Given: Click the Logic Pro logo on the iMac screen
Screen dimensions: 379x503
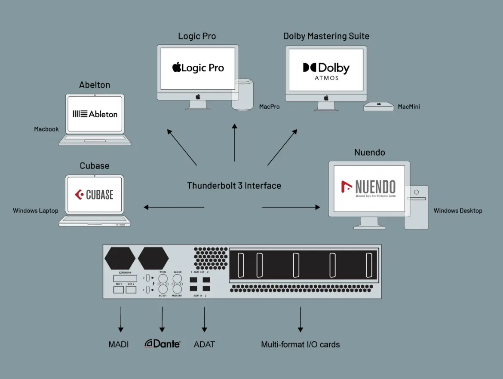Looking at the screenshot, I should coord(198,68).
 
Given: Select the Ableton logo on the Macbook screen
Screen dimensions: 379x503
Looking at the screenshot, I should coord(95,114).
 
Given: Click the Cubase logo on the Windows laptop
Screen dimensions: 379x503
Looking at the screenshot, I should coord(94,195).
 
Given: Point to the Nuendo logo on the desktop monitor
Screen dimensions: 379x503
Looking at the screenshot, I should coord(368,188).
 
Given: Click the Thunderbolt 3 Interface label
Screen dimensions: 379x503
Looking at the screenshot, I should coord(234,186).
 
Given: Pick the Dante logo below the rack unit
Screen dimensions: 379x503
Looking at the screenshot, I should coord(162,344).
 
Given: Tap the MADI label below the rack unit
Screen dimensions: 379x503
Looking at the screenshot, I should coord(119,344).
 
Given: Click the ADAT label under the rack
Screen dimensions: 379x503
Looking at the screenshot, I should coord(204,344).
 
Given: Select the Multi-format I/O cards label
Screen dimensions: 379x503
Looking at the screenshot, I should coord(300,344).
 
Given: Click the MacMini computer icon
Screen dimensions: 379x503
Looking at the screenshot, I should coord(379,107).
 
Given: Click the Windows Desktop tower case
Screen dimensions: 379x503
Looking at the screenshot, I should coord(417,207).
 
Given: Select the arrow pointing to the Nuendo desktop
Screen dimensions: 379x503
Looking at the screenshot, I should coord(291,207).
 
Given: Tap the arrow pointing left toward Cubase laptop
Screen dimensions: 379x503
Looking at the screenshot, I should coord(174,207).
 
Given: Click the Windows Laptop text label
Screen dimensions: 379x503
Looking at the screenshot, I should coord(36,211).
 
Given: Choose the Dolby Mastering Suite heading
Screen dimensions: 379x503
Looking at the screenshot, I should coord(326,36).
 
